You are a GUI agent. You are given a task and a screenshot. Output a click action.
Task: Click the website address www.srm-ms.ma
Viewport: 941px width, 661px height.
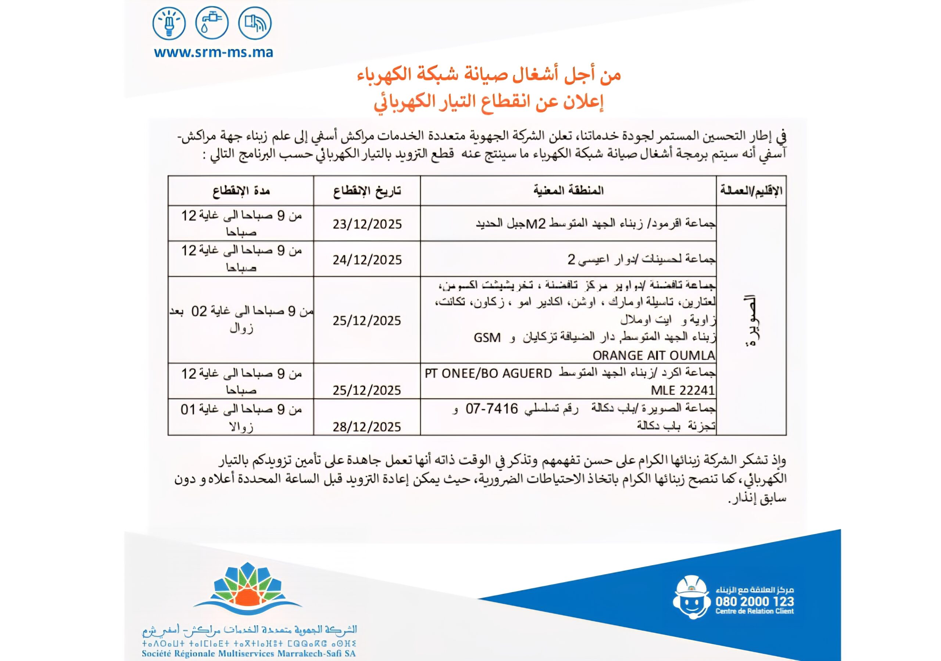point(213,53)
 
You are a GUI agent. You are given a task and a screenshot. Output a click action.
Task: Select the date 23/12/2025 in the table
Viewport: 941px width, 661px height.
point(367,224)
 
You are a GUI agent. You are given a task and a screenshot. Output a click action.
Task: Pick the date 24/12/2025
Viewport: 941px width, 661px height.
point(367,260)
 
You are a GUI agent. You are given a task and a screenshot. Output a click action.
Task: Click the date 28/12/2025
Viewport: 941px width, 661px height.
point(367,427)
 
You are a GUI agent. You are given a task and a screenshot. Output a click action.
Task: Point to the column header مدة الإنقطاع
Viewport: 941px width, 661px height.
point(241,191)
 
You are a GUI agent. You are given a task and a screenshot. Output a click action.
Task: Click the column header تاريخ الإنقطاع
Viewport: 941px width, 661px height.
point(367,191)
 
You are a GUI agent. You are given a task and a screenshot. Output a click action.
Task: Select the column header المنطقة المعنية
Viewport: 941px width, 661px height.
point(568,191)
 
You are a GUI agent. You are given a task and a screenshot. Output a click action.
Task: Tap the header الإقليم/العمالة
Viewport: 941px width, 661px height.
point(751,191)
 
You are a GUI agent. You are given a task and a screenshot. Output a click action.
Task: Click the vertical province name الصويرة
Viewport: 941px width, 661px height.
point(751,320)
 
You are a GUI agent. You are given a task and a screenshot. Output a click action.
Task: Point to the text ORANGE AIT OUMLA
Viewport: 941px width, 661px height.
point(654,355)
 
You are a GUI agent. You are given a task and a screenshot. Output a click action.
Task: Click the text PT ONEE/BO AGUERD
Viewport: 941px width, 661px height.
point(488,373)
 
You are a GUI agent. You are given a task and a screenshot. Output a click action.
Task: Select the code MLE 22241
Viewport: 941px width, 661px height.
point(683,390)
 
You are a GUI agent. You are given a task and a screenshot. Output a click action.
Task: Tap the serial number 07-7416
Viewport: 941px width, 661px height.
point(492,409)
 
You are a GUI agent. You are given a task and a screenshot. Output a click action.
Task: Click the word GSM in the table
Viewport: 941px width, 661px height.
point(487,338)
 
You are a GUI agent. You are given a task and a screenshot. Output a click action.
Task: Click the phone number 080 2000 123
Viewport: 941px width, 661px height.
point(755,601)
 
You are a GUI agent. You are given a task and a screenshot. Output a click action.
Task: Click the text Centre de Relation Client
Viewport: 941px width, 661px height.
point(755,611)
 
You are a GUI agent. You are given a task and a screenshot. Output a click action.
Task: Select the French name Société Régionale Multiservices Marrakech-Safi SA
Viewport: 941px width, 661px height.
point(249,653)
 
